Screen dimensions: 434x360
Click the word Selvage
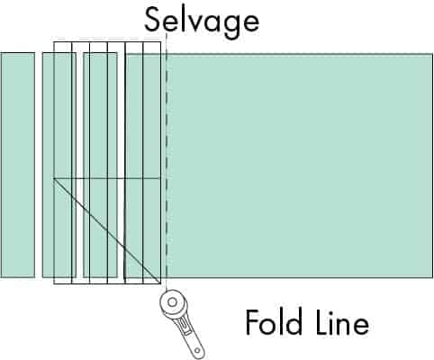point(202,22)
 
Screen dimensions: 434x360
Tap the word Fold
point(274,322)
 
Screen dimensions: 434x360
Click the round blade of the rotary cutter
point(173,302)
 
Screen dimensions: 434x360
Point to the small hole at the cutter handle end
point(197,350)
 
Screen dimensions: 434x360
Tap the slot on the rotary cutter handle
point(184,326)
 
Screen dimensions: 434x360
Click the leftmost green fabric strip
point(17,165)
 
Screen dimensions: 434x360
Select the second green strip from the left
point(59,165)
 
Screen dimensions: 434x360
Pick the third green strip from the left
point(100,165)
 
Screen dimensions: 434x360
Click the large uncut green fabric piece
point(279,166)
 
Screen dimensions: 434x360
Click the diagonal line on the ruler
point(107,231)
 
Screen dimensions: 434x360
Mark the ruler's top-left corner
point(54,42)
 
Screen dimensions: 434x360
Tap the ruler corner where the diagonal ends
point(160,283)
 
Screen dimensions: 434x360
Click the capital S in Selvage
point(154,19)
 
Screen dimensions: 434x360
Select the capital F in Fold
point(252,322)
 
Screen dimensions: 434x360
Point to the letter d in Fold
point(294,322)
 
